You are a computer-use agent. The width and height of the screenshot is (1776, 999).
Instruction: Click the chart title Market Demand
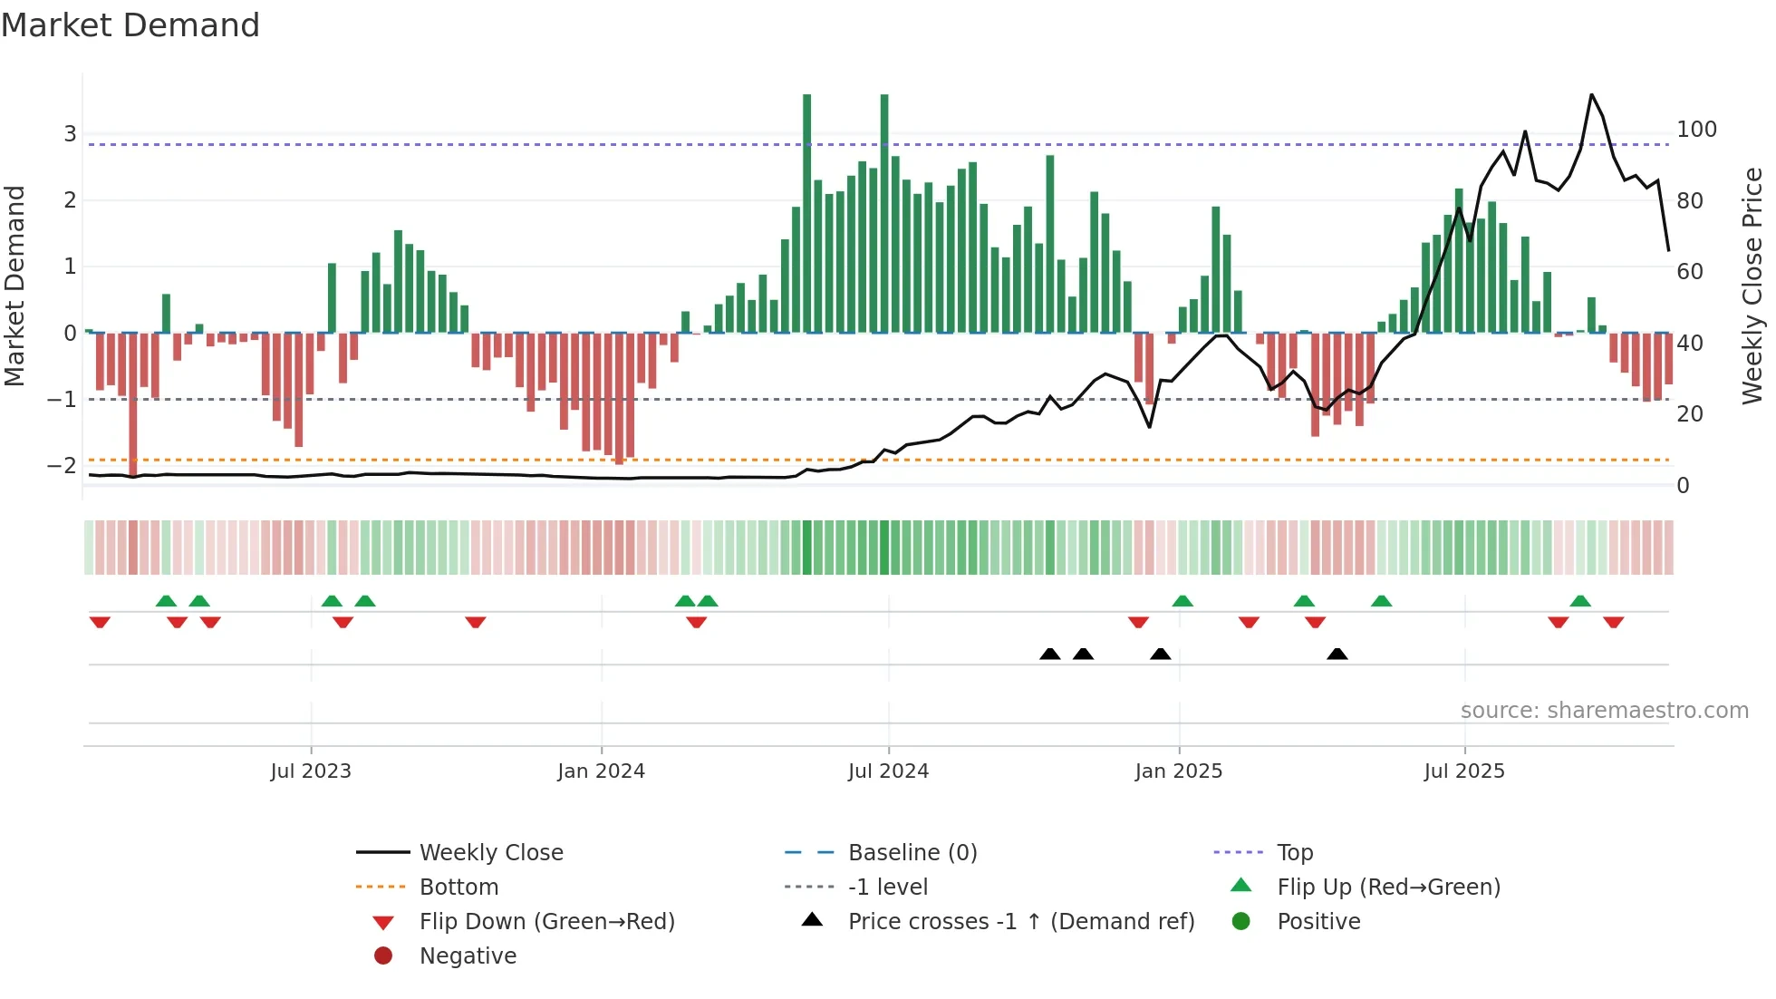pos(130,25)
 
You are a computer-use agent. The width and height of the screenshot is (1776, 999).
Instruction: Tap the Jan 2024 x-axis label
pos(601,771)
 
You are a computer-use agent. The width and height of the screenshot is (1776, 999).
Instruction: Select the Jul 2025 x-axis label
pos(1463,771)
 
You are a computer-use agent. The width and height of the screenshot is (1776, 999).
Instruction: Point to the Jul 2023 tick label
pos(311,771)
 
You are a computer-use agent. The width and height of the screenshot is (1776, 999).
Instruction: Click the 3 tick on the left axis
pos(70,134)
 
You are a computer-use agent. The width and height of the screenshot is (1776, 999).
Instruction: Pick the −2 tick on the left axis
pos(63,466)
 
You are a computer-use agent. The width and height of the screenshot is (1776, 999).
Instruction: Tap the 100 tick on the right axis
pos(1696,130)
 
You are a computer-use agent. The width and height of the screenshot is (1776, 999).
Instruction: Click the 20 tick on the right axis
pos(1689,414)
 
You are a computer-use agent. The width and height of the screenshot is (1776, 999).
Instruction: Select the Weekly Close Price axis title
pos(1752,286)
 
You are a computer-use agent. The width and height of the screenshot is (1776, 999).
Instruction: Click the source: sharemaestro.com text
pos(1604,711)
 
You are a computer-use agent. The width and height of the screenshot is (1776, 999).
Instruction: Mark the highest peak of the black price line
pos(1591,95)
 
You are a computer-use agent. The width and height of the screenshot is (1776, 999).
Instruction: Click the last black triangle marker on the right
pos(1337,654)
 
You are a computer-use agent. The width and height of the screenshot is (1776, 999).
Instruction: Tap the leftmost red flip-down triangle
pos(100,622)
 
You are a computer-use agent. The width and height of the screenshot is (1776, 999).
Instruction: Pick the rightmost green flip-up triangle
pos(1580,601)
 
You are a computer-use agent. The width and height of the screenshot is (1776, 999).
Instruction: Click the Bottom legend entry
pos(458,887)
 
